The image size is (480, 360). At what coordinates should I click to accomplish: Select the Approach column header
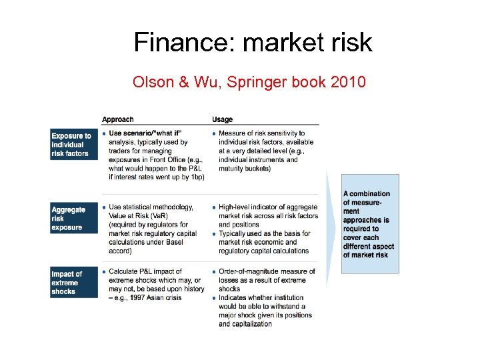[117, 119]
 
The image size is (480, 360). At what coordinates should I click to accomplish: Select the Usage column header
[222, 119]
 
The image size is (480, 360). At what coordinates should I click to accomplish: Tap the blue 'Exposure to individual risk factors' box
[73, 145]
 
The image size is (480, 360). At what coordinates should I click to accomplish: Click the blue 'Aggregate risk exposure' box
[73, 219]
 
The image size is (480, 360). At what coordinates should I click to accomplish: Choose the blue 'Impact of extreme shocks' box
[73, 283]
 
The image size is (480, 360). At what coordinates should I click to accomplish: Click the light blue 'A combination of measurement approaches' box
[371, 224]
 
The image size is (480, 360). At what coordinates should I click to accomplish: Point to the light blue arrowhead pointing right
[331, 227]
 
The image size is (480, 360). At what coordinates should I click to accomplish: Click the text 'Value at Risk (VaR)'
[140, 216]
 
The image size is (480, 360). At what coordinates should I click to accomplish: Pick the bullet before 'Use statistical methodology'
[104, 207]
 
